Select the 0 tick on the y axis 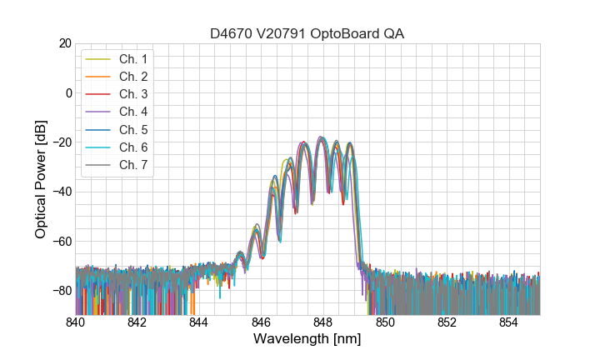68,92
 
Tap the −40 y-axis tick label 62,192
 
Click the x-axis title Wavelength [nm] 307,339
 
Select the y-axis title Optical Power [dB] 41,179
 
